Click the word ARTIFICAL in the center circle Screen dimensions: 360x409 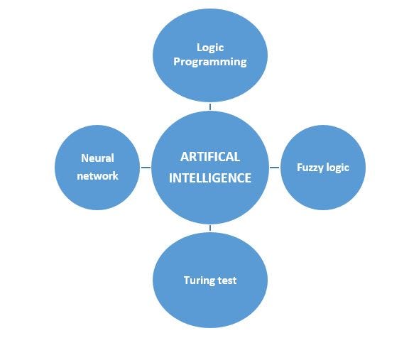209,157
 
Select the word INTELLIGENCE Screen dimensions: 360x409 209,178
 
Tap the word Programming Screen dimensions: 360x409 210,62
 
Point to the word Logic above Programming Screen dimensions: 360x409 210,48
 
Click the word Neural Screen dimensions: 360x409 97,158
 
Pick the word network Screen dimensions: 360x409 97,175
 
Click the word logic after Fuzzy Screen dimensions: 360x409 337,168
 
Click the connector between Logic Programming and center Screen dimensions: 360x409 210,106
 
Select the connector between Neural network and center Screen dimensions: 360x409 146,168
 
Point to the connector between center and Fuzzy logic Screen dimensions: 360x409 276,168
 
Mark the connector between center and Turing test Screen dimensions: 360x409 210,228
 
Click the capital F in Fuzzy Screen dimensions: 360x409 299,168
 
